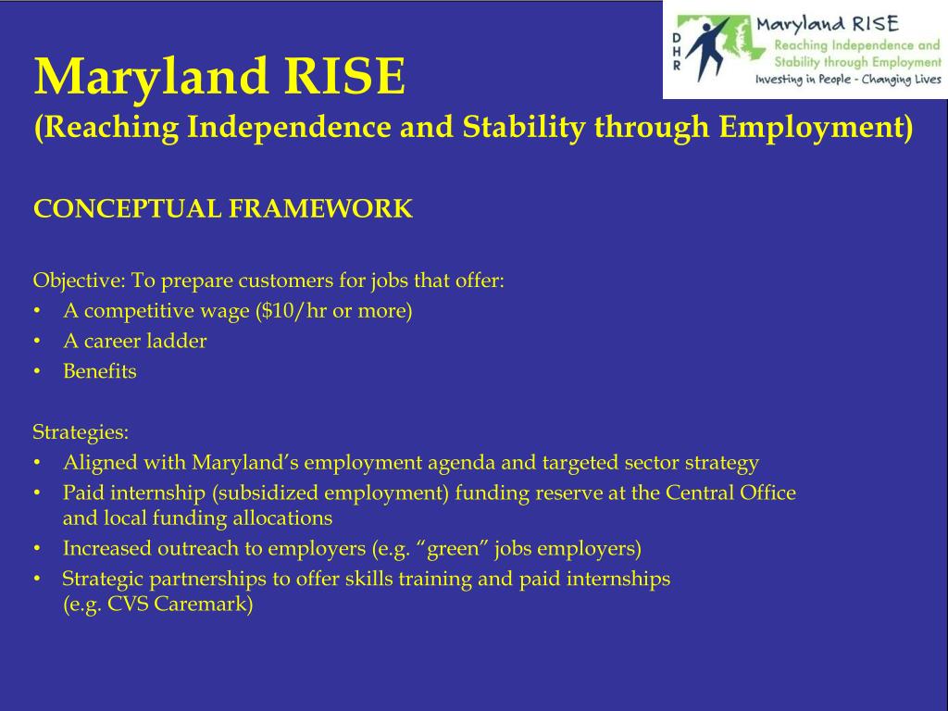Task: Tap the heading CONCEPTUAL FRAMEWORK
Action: (222, 209)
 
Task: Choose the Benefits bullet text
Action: (99, 371)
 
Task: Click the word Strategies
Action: (81, 432)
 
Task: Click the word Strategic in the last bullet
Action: (98, 580)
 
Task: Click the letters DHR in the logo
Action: (676, 51)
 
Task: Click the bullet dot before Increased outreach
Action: (35, 549)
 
